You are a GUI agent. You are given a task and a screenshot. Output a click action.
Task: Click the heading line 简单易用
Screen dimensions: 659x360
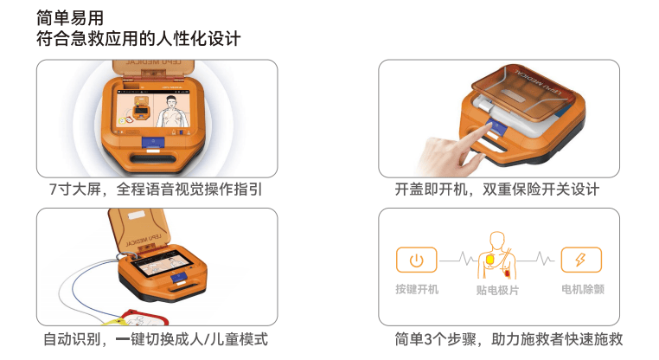[x=70, y=17]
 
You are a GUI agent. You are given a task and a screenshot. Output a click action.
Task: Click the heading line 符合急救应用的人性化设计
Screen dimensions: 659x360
[x=138, y=39]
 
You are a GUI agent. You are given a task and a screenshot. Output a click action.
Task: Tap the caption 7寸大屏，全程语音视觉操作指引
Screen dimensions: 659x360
[x=156, y=190]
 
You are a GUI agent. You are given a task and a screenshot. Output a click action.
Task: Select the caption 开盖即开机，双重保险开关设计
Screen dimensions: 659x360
[x=496, y=190]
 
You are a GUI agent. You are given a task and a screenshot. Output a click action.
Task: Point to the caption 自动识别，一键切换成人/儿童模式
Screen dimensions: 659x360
[x=156, y=339]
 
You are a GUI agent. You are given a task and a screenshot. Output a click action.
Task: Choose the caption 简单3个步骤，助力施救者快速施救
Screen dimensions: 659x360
[x=509, y=339]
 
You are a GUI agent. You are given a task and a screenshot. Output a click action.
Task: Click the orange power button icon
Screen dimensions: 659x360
[x=417, y=260]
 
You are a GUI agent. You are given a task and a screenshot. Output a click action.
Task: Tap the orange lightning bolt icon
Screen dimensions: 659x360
[x=581, y=260]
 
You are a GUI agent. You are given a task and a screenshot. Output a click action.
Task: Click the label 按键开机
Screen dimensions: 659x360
[x=417, y=289]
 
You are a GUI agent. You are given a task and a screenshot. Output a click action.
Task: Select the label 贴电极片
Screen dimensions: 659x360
[x=497, y=290]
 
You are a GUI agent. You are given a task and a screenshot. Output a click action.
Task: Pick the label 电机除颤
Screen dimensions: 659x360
[x=583, y=289]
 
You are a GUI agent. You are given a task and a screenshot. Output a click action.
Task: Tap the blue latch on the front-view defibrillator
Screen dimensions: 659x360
[x=153, y=143]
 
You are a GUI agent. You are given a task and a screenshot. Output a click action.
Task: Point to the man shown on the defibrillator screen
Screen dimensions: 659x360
[x=171, y=112]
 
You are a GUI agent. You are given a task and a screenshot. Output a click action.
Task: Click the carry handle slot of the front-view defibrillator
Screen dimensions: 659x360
[x=153, y=159]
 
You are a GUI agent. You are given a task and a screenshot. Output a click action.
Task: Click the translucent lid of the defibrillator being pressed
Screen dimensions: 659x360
[x=522, y=88]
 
